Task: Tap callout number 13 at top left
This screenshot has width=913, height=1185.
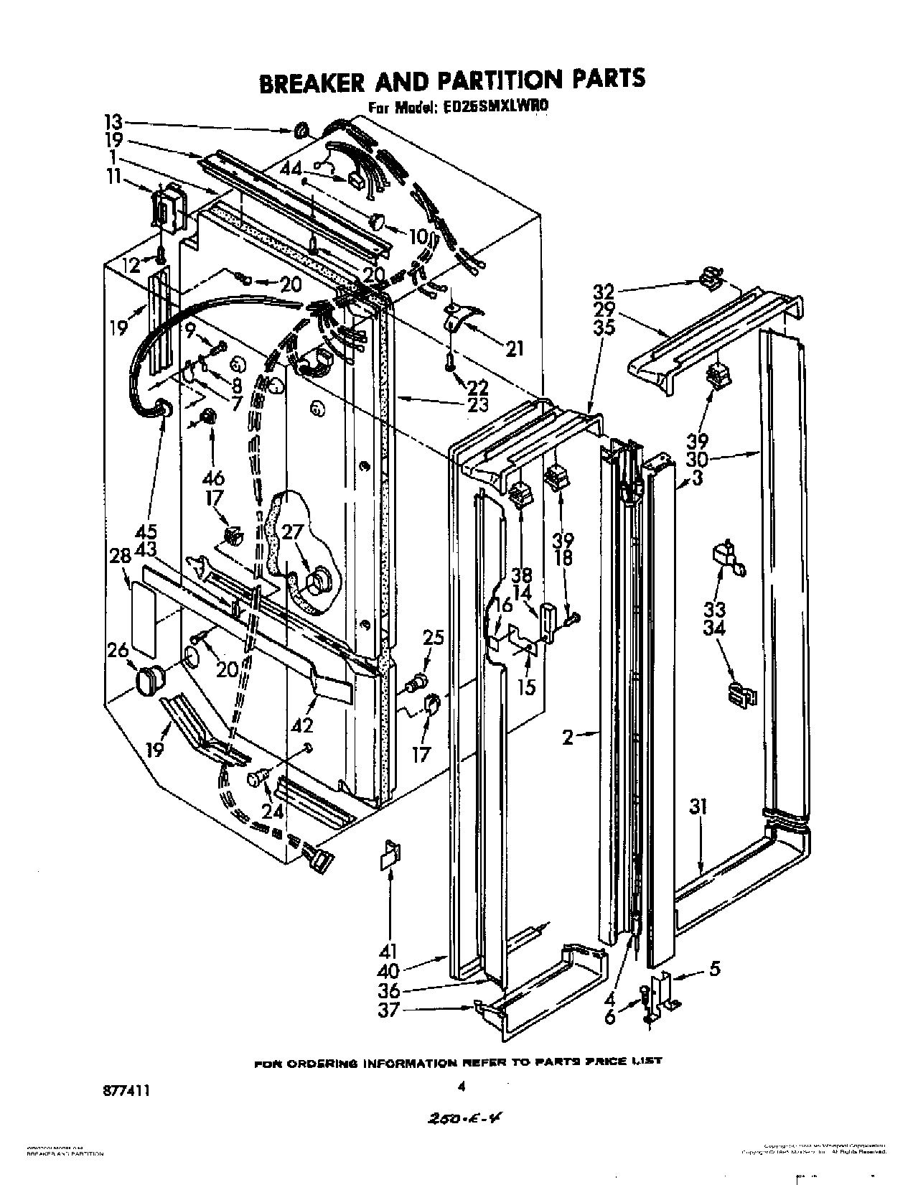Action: tap(114, 121)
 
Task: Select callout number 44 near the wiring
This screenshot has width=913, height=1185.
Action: tap(291, 169)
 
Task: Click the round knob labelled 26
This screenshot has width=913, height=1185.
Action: tap(149, 679)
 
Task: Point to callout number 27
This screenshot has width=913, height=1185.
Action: tap(291, 532)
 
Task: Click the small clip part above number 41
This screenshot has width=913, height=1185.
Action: tap(391, 855)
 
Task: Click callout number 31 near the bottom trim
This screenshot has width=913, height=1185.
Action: tap(698, 807)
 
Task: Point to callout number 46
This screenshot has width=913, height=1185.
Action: tap(213, 478)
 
